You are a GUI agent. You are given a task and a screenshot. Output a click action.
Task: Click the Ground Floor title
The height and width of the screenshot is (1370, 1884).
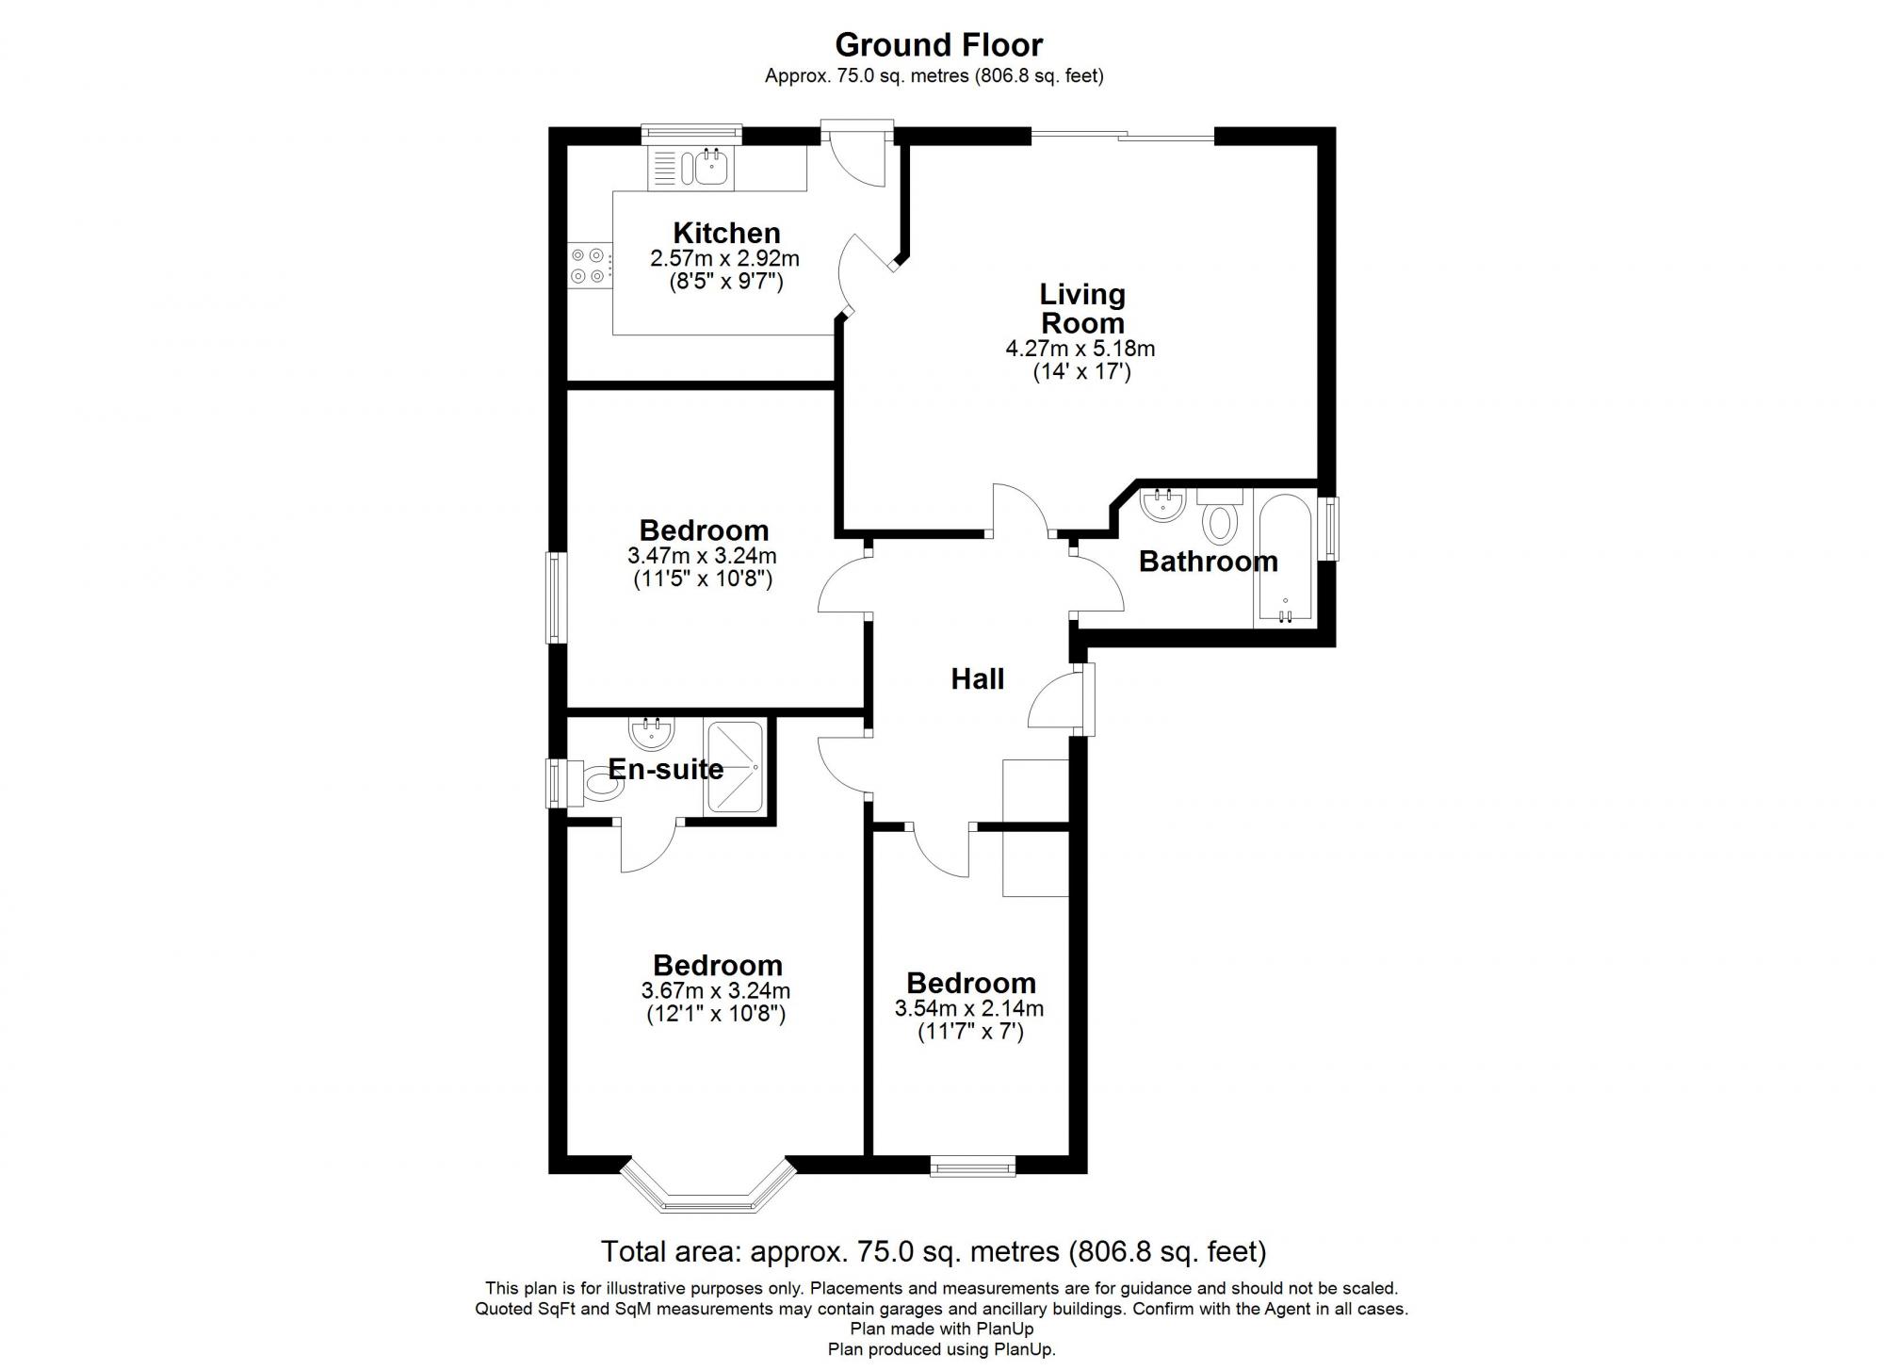click(x=938, y=45)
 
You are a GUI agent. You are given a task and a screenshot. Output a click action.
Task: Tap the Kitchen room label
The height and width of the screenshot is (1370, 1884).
click(x=726, y=233)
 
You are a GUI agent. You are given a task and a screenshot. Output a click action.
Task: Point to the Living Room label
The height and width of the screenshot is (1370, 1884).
click(x=1081, y=308)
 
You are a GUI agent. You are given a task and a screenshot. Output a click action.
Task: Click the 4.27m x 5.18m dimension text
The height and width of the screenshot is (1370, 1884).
click(x=1080, y=349)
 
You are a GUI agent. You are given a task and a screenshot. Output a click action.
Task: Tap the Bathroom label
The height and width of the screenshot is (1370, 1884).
click(x=1208, y=562)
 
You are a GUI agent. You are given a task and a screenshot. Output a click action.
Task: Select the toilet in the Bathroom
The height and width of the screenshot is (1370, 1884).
click(x=1221, y=521)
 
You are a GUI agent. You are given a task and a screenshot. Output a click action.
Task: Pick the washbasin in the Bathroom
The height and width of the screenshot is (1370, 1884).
click(x=1163, y=504)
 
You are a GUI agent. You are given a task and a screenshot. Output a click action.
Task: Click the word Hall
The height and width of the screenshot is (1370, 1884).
click(x=977, y=678)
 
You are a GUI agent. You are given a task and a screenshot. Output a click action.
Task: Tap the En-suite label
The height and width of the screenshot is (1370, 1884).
click(x=666, y=769)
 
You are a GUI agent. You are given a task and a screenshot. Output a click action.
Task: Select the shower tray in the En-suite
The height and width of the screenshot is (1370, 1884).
click(x=736, y=767)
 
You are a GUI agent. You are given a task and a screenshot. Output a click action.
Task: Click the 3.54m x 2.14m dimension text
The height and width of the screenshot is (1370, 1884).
click(x=969, y=1009)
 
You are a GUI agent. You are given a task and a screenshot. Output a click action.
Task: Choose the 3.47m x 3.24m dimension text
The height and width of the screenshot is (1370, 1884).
click(x=702, y=556)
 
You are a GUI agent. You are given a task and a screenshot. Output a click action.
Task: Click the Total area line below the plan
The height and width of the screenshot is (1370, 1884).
click(x=934, y=1251)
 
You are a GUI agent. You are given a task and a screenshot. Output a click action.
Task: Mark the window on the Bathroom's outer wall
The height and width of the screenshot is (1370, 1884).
click(x=1329, y=528)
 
